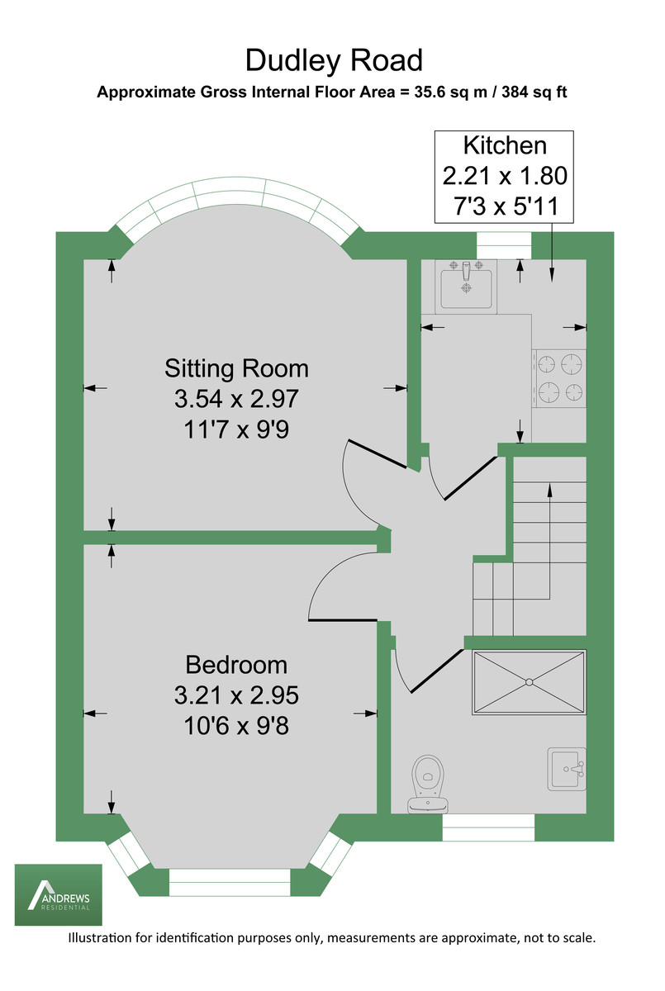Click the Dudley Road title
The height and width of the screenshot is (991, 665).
coord(333,60)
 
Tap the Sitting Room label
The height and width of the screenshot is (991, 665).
coord(236,367)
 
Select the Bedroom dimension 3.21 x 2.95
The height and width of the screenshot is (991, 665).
coord(235,695)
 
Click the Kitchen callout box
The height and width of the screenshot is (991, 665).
coord(505,177)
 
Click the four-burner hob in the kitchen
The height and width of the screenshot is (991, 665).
coord(559,377)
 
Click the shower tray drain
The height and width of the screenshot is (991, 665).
coord(529,682)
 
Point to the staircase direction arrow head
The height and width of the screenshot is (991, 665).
coord(549,490)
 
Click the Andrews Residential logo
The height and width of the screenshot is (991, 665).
coord(58,894)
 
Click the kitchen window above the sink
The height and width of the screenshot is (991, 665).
coord(504,244)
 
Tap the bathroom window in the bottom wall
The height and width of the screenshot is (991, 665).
coord(489,827)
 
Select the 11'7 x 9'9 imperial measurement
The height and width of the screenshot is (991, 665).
coord(235,429)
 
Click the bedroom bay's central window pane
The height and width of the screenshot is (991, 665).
coord(230,882)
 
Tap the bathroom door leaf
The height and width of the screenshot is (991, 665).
coord(437,669)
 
